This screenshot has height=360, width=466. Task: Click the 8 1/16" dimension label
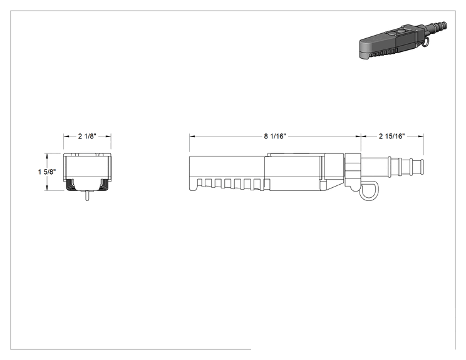(x=275, y=136)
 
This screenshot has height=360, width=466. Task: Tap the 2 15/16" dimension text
(x=391, y=136)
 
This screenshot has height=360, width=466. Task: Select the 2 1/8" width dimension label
(x=87, y=136)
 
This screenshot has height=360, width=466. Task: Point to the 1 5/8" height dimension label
(x=47, y=172)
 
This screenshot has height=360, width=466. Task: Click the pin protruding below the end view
(x=87, y=196)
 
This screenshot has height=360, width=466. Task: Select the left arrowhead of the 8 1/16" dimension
(x=192, y=136)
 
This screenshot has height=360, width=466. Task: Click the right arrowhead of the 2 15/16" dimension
(x=421, y=136)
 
